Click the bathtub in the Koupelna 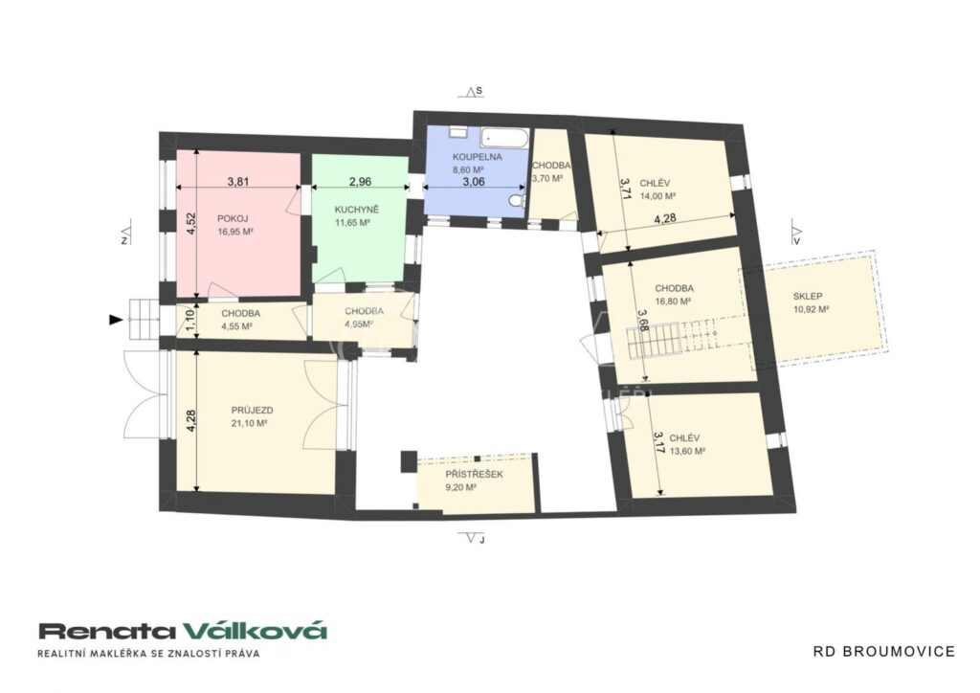(x=504, y=138)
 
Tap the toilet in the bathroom (x=516, y=201)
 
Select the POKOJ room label (x=233, y=218)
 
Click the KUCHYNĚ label (x=357, y=210)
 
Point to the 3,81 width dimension (x=238, y=182)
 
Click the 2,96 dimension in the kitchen (x=360, y=182)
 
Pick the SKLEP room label (x=808, y=296)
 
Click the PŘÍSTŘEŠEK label (x=474, y=475)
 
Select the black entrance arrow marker (x=115, y=320)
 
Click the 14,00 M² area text (x=658, y=195)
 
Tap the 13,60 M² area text (x=687, y=451)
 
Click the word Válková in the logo (x=256, y=631)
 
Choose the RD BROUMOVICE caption (x=883, y=652)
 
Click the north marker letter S (x=479, y=91)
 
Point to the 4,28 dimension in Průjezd (x=191, y=421)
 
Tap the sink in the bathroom (x=457, y=132)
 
